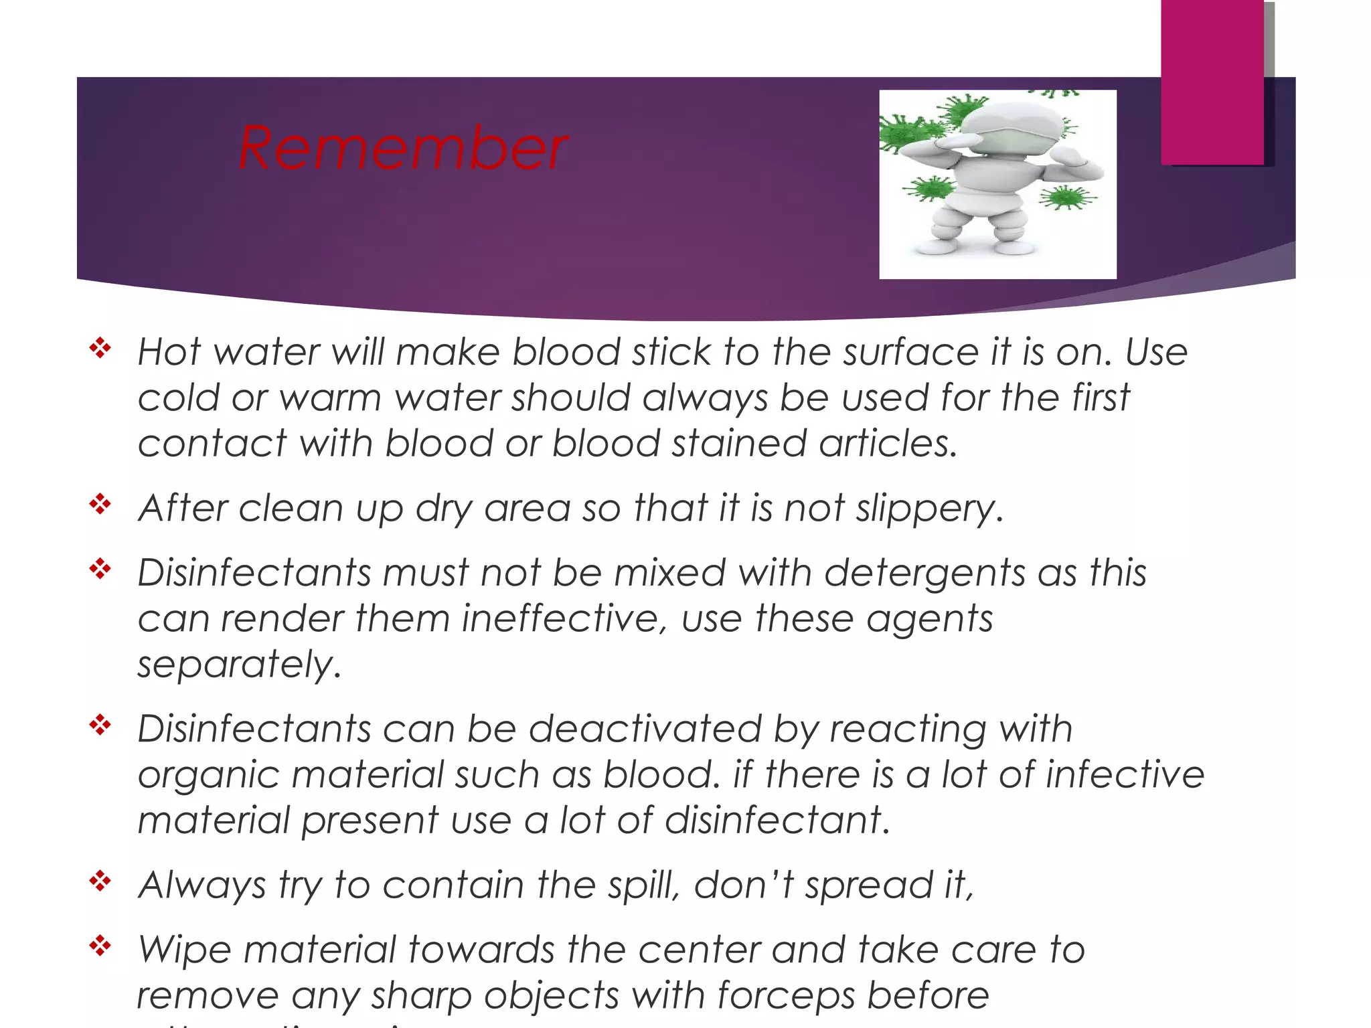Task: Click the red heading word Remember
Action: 403,149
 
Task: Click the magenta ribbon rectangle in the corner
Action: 1212,80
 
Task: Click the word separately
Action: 239,665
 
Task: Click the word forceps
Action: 786,996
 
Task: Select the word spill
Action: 643,885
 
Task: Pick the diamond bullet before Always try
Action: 100,881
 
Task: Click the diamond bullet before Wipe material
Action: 100,946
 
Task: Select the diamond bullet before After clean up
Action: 100,504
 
